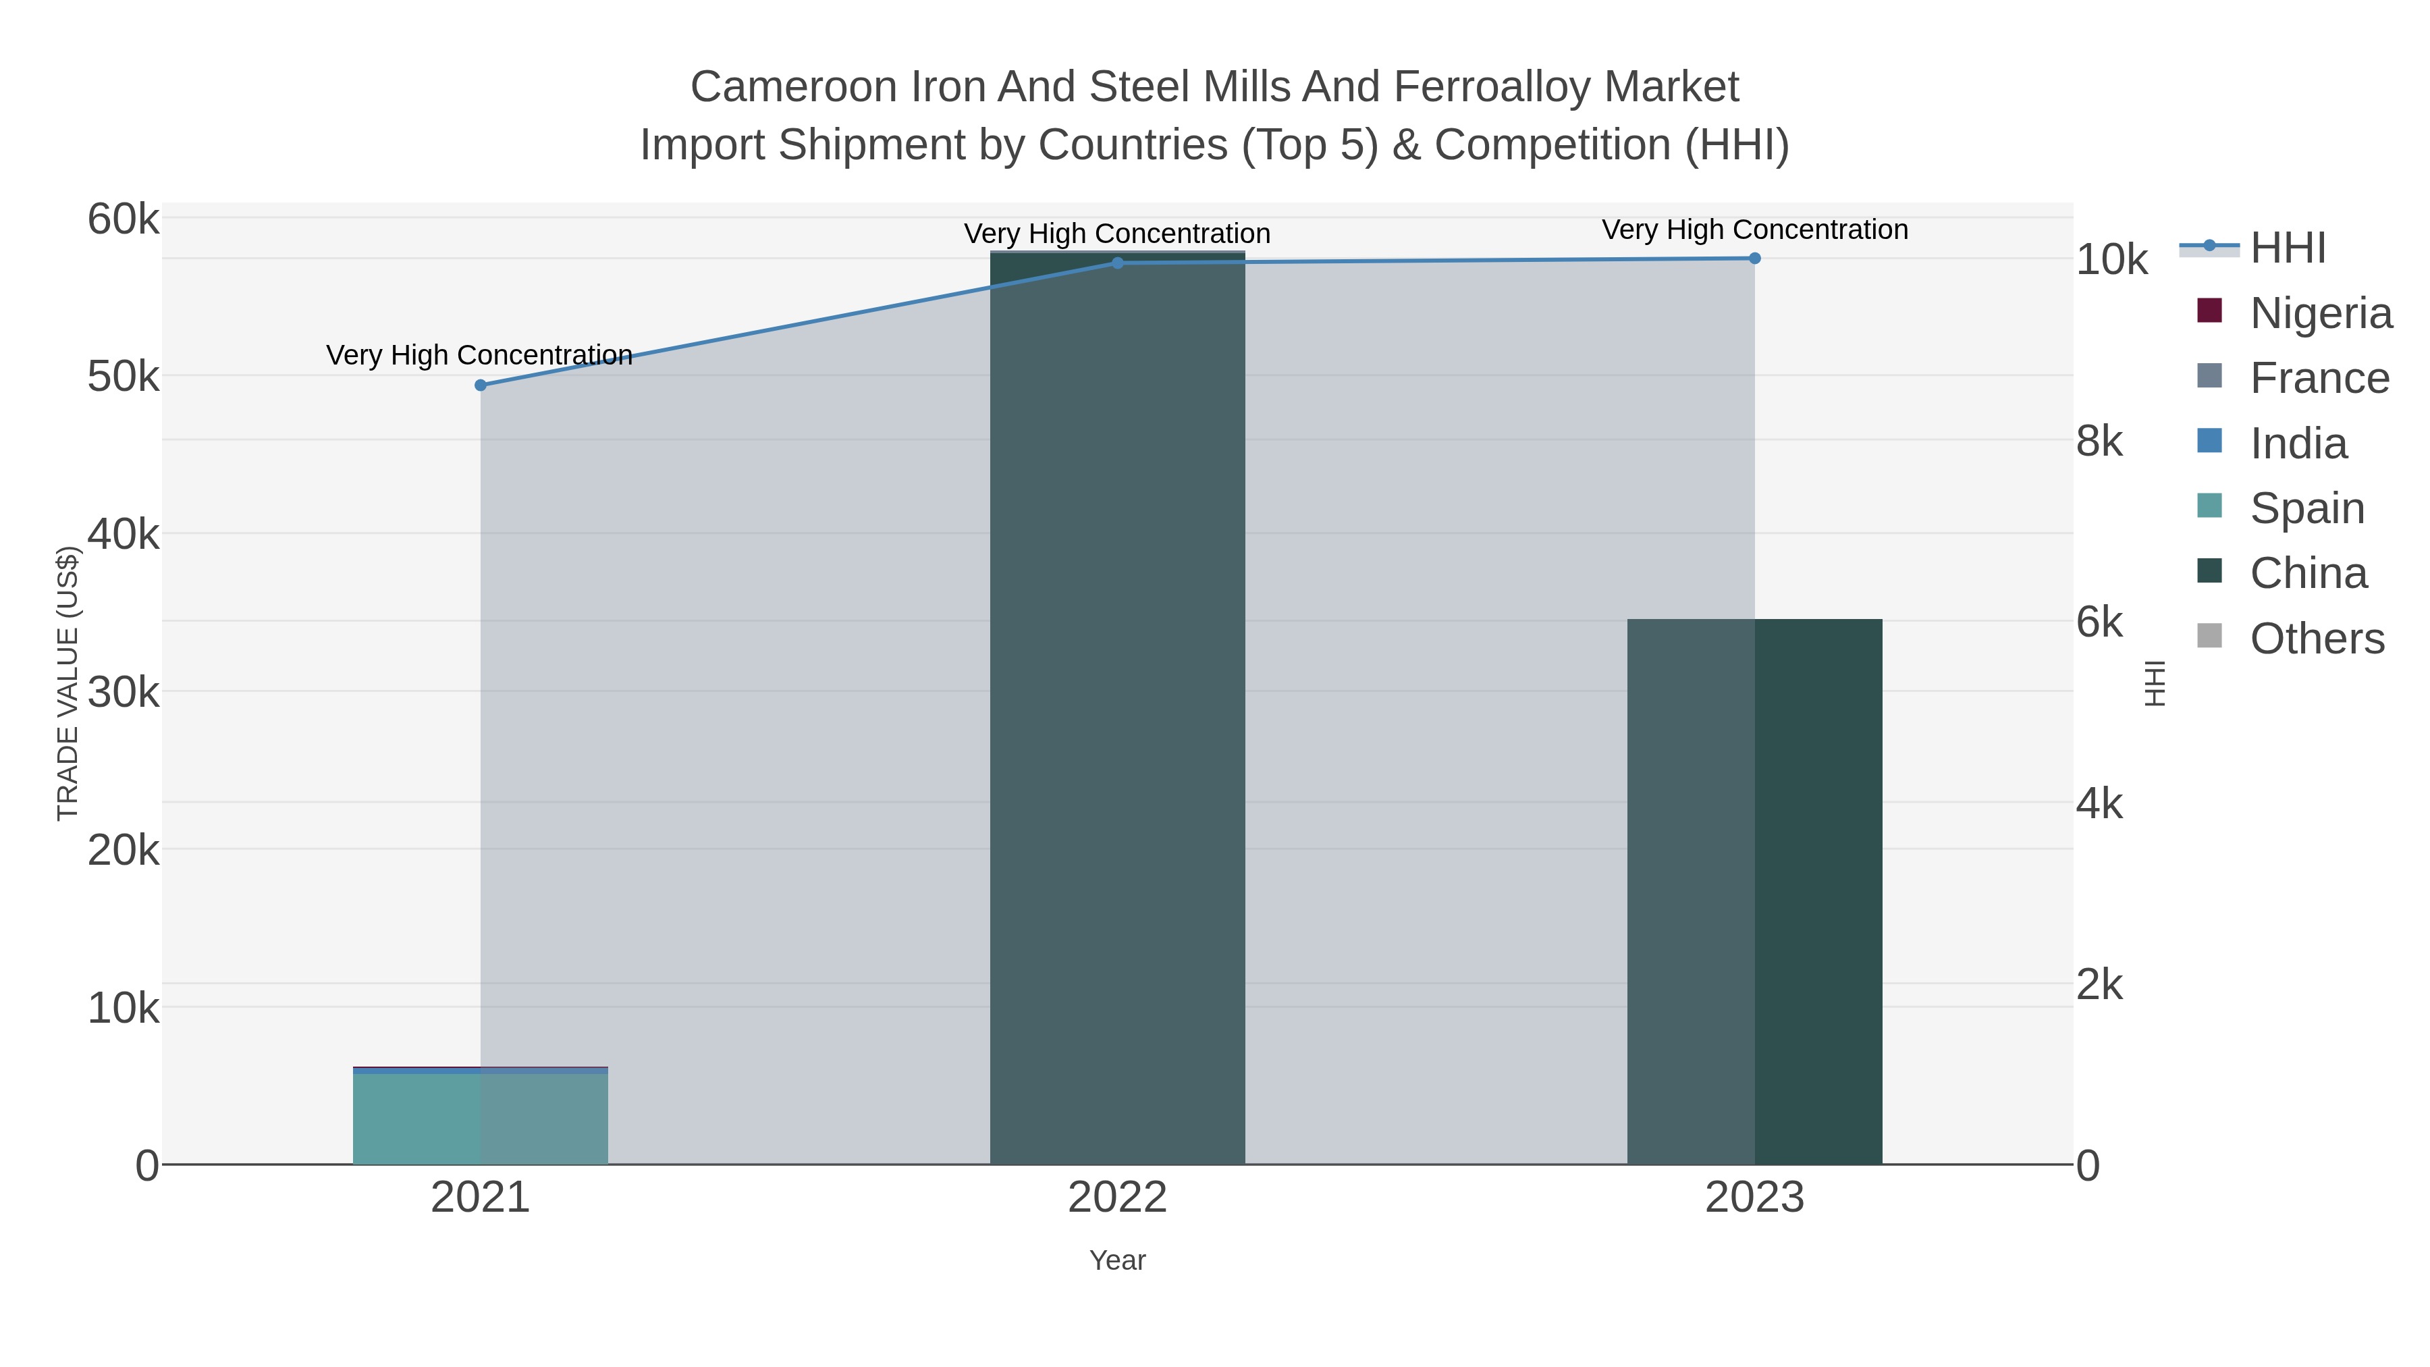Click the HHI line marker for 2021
pos(480,385)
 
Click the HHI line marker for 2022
pos(1118,263)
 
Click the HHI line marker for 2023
pos(1754,259)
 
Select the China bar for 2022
pos(1118,707)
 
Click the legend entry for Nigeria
pos(2321,313)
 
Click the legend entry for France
pos(2319,378)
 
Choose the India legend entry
pos(2298,444)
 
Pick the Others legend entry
pos(2317,639)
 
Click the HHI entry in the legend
pos(2288,248)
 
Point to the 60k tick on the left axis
pos(124,220)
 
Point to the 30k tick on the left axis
pos(124,693)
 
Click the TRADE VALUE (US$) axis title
pos(68,683)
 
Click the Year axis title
pos(1118,1260)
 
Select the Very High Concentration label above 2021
pos(479,356)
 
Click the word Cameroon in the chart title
pos(792,88)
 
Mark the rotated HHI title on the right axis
pos(2155,683)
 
